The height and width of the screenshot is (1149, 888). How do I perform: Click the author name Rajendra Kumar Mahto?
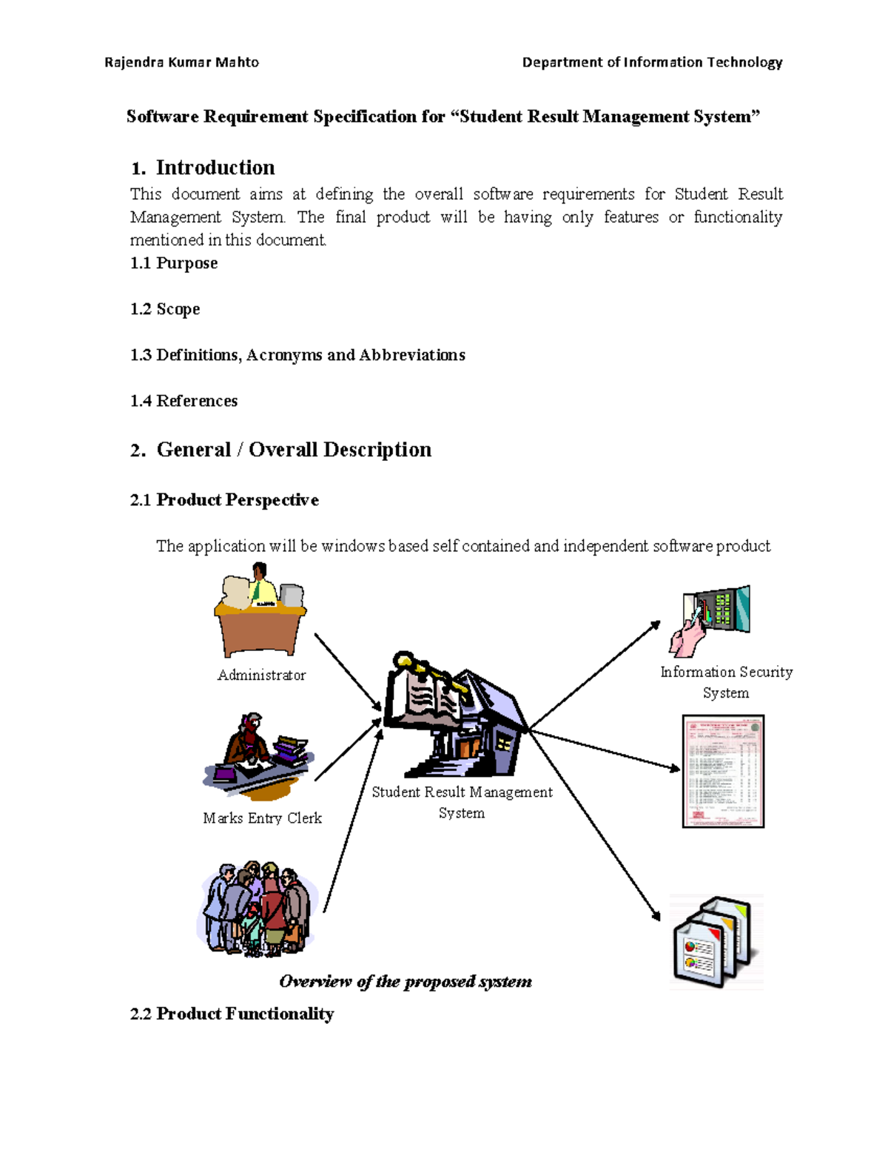tap(181, 62)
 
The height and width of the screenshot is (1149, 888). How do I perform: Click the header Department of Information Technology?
tap(652, 62)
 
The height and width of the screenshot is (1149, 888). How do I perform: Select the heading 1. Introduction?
tap(203, 168)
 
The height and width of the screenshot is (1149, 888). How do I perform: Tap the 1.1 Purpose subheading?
tap(174, 263)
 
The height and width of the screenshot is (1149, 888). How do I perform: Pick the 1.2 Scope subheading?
tap(165, 309)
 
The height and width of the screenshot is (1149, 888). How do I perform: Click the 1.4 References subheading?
tap(184, 401)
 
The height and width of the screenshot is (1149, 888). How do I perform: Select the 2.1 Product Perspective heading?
tap(224, 500)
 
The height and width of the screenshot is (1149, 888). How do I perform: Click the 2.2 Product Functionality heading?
tap(232, 1014)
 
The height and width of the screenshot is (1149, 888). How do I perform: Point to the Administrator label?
tap(261, 675)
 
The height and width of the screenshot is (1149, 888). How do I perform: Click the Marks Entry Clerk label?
tap(262, 818)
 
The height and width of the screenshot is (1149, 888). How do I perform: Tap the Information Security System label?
tap(726, 681)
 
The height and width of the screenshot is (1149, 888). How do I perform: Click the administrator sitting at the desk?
tap(260, 610)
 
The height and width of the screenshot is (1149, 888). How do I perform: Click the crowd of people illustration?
tap(257, 909)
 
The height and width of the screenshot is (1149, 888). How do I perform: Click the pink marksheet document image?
tap(723, 771)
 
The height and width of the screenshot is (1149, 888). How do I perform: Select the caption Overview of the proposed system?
tap(406, 982)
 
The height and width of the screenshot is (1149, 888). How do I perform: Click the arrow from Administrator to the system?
tap(348, 672)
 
